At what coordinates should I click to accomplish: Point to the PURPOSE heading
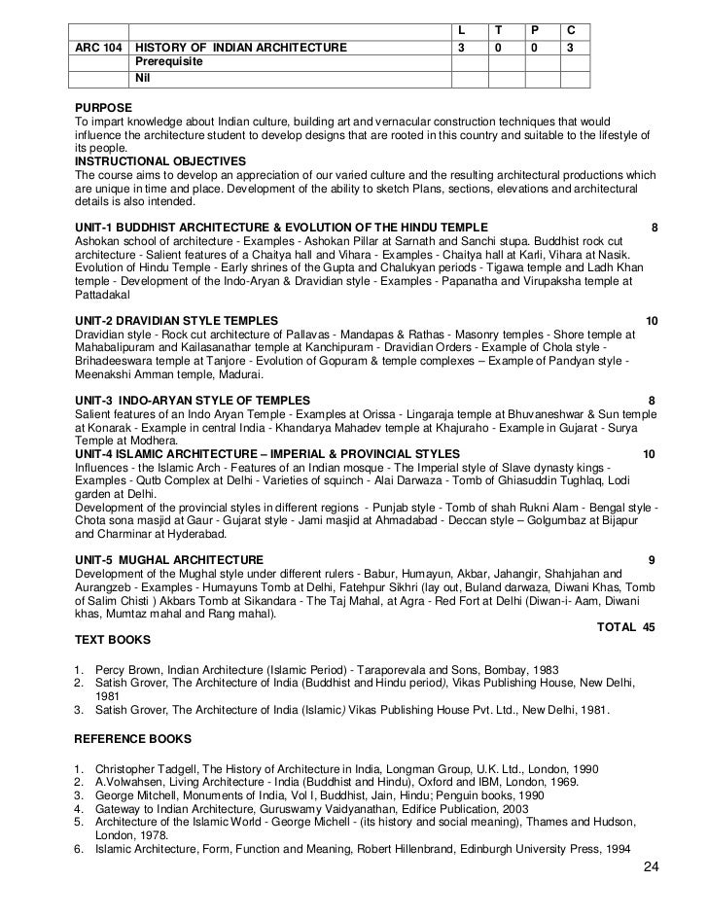[103, 106]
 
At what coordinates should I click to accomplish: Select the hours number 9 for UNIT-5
[652, 560]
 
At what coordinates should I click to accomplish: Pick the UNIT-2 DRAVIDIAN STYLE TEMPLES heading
[176, 321]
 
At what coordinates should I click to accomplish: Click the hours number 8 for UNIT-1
[655, 229]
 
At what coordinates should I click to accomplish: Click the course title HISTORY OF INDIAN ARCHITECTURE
[239, 46]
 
